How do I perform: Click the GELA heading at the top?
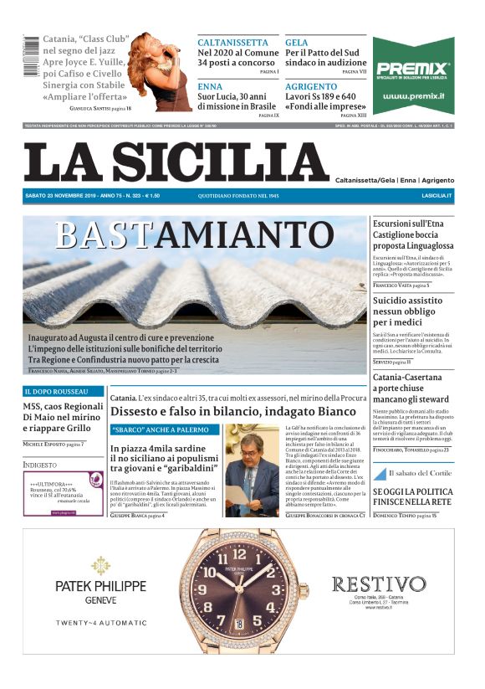tap(297, 42)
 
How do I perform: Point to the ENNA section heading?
tap(210, 86)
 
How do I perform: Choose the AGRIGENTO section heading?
tap(311, 86)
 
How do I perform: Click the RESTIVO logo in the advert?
tap(378, 584)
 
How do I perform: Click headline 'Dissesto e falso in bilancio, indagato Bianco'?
tap(233, 412)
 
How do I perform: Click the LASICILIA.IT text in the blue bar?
tap(436, 196)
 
